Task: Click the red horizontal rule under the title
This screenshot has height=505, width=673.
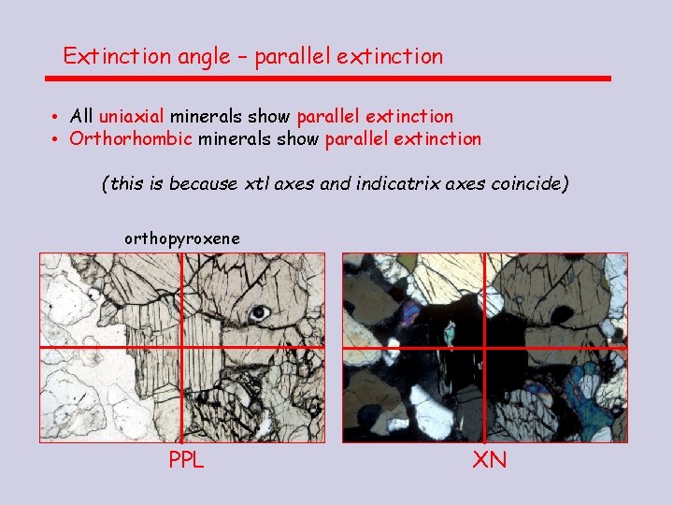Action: pyautogui.click(x=336, y=79)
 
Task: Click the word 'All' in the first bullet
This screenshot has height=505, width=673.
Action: pyautogui.click(x=81, y=117)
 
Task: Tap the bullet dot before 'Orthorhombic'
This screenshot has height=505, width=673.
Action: pyautogui.click(x=57, y=140)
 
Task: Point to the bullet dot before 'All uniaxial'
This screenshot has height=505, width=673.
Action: pyautogui.click(x=57, y=118)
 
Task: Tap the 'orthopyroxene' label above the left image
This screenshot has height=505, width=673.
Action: pyautogui.click(x=182, y=239)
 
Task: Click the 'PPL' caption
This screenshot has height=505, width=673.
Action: pyautogui.click(x=186, y=460)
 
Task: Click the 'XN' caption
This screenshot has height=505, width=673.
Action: pyautogui.click(x=489, y=460)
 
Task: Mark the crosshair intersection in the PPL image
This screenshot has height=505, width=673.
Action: pyautogui.click(x=182, y=347)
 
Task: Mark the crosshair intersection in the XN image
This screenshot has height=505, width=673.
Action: pyautogui.click(x=486, y=348)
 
